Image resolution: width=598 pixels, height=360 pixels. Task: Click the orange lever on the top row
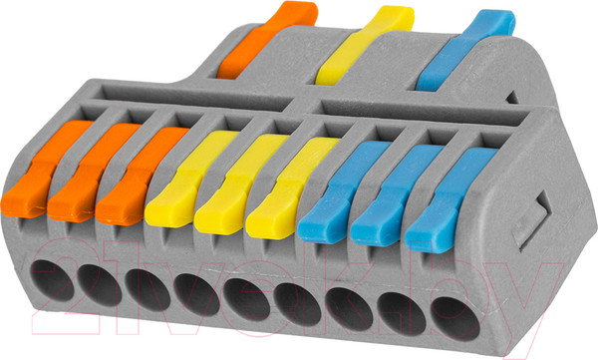267,39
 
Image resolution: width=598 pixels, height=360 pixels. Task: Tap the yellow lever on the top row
365,46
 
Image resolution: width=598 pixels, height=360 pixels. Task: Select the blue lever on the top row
465,51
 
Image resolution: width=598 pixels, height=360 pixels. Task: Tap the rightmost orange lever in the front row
141,176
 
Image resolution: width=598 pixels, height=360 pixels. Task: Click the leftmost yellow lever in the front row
190,179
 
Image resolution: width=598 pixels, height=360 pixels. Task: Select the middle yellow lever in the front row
239,183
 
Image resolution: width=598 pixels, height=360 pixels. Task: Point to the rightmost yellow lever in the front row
291,187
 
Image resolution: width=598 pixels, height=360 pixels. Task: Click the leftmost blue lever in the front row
343,191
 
